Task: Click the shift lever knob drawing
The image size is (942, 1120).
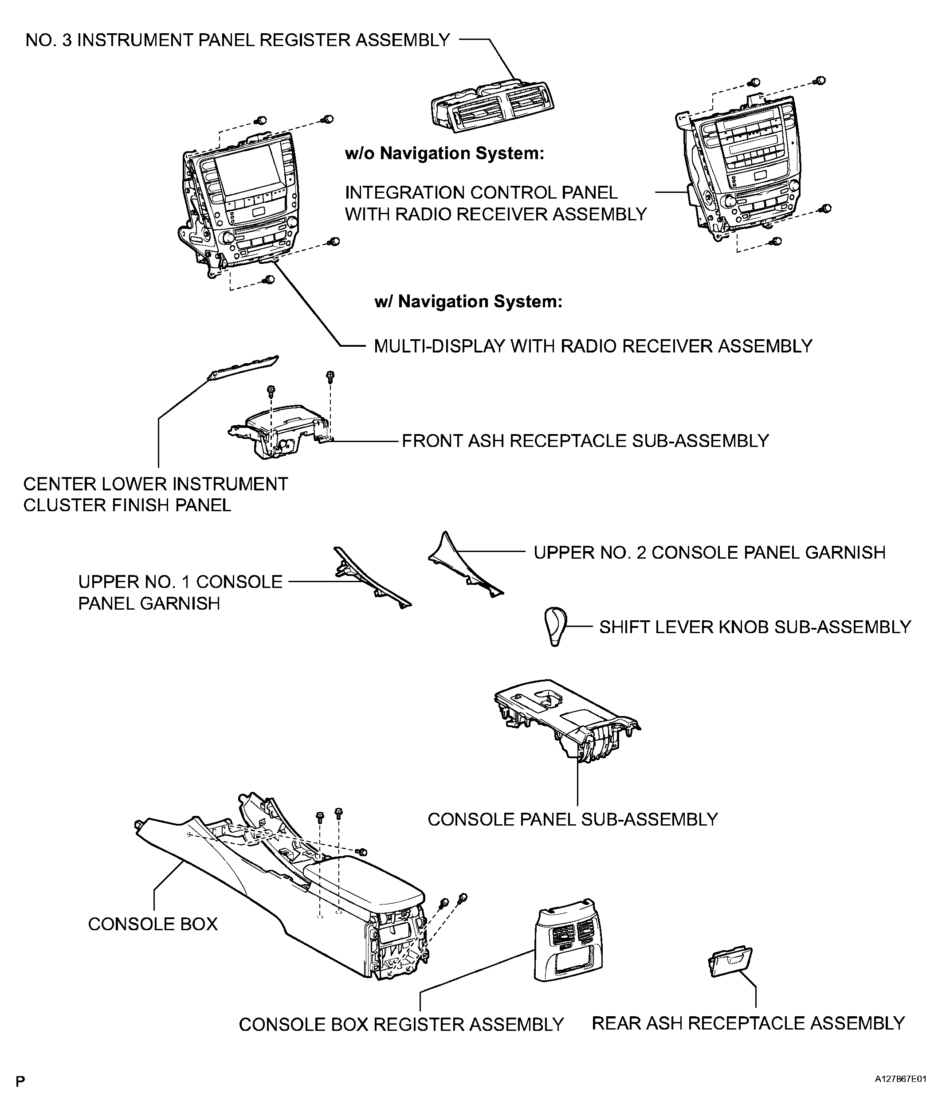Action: (555, 625)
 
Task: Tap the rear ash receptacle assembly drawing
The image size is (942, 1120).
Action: (730, 962)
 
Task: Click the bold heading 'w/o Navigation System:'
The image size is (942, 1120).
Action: (444, 153)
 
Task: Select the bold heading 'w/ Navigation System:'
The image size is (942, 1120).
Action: (468, 301)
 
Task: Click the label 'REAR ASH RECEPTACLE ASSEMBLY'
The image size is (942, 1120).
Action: (748, 1023)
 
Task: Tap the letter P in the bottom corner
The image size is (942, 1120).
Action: (20, 1081)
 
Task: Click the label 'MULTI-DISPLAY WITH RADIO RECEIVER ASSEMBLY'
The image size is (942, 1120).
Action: (593, 346)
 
